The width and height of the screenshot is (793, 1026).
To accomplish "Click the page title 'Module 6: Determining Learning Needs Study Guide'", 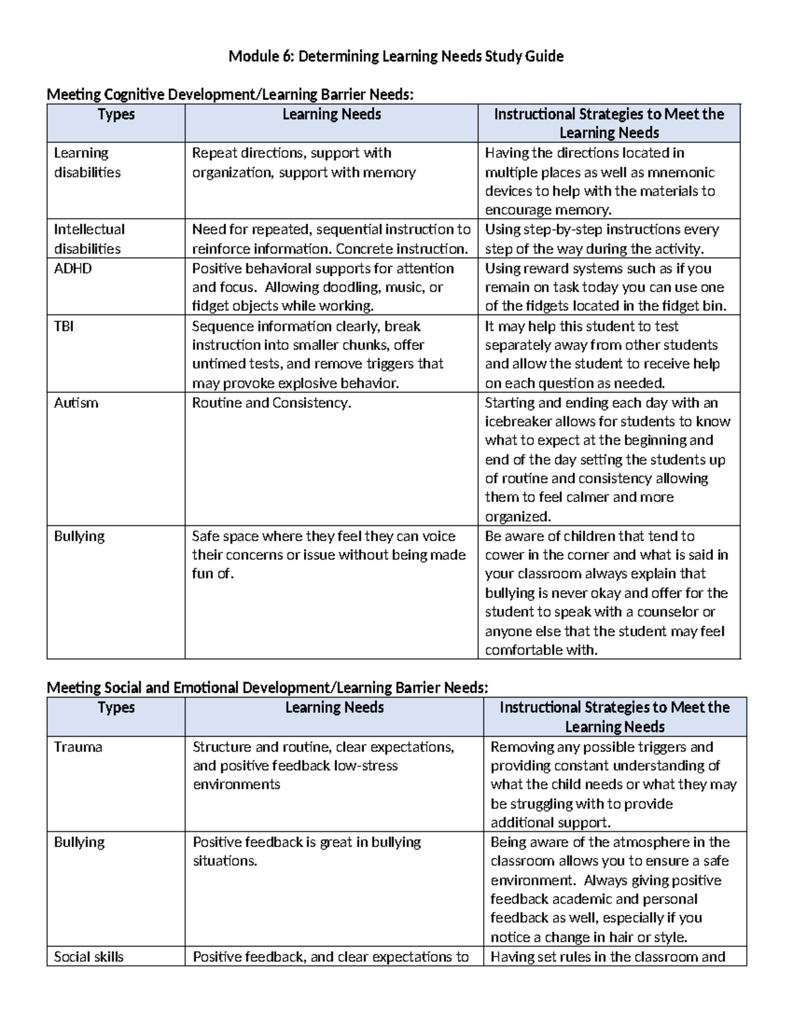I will click(x=396, y=57).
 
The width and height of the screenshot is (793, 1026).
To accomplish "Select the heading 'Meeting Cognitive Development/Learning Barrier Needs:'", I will click(x=230, y=95).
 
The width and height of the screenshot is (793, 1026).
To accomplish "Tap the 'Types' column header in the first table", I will click(x=116, y=114).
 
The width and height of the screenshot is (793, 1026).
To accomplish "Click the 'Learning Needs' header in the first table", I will click(x=331, y=114).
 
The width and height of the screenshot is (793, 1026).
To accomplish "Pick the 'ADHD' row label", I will click(x=73, y=268).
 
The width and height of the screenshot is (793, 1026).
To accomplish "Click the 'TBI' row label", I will click(x=63, y=326).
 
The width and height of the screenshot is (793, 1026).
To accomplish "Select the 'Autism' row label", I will click(x=76, y=403).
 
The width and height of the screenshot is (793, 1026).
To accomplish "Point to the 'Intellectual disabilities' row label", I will click(x=89, y=239).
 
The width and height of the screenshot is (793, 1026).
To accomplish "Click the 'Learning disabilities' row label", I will click(x=87, y=163).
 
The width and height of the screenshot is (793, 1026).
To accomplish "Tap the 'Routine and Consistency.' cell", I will click(x=272, y=403).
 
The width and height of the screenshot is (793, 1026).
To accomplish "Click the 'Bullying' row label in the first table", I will click(x=79, y=536).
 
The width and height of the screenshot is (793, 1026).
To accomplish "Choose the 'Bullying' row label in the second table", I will click(x=79, y=842).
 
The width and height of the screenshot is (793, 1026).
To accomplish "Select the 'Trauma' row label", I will click(x=78, y=747).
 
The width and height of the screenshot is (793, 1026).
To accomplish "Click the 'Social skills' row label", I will click(x=89, y=957).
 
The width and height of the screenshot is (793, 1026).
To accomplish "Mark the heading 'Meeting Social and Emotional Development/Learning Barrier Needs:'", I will click(x=268, y=688).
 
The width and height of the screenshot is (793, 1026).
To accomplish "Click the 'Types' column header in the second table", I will click(x=116, y=708).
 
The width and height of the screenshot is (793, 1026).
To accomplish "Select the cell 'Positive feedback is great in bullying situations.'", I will click(x=307, y=852).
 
